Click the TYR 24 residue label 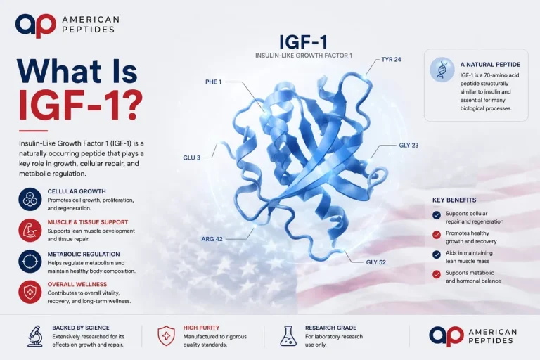tap(391, 59)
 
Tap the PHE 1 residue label tap(214, 82)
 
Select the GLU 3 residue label tap(191, 157)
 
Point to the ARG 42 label tap(212, 239)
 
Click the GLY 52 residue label tap(375, 262)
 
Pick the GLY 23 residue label tap(409, 146)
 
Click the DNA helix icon tap(442, 70)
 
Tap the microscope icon tap(35, 336)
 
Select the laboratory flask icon tap(288, 336)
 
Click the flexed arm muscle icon tap(30, 230)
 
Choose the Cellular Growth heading tap(77, 191)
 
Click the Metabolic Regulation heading tap(84, 255)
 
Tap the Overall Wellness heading tap(77, 284)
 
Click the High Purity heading tap(201, 328)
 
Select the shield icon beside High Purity tap(166, 336)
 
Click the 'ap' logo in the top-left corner tap(35, 25)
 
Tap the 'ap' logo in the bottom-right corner tap(446, 336)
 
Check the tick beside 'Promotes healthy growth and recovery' tap(437, 235)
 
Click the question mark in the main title tap(133, 105)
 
